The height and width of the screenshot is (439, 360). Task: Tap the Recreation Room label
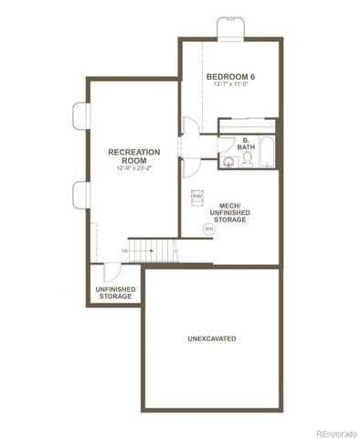pyautogui.click(x=133, y=155)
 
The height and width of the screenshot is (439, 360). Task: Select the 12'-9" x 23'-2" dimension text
pyautogui.click(x=133, y=168)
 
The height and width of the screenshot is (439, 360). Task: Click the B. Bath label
pyautogui.click(x=246, y=144)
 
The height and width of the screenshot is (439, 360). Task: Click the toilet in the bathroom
pyautogui.click(x=247, y=163)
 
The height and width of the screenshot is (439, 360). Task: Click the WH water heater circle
pyautogui.click(x=207, y=230)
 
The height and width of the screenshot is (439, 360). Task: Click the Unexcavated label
pyautogui.click(x=212, y=339)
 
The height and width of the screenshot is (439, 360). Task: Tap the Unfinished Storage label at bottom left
pyautogui.click(x=116, y=293)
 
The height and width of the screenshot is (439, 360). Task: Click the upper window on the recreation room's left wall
pyautogui.click(x=79, y=116)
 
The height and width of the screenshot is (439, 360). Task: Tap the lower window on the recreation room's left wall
pyautogui.click(x=79, y=194)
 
